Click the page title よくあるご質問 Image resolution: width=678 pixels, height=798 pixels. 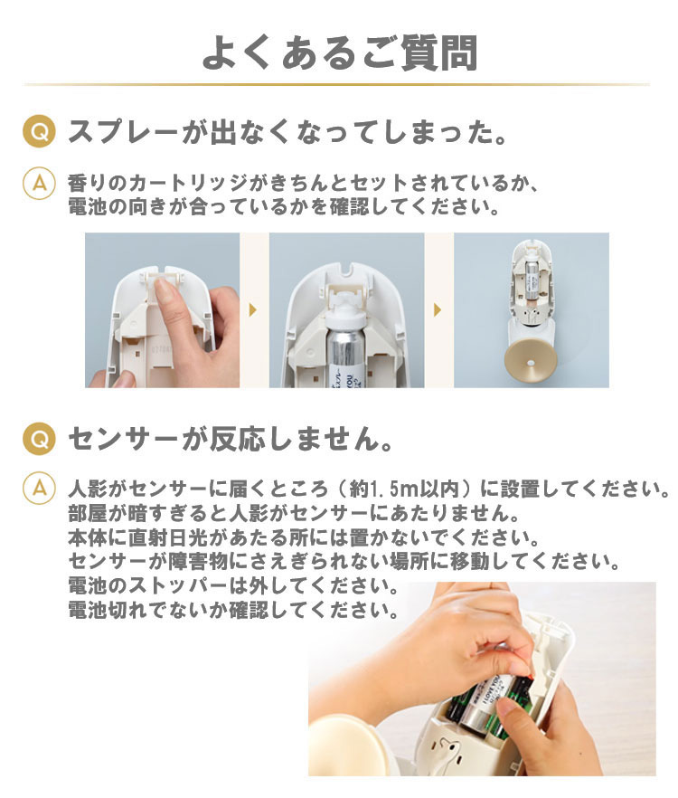tap(339, 52)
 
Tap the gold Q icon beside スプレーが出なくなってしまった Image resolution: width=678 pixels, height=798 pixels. tap(39, 132)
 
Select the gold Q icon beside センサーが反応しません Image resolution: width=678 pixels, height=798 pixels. tap(39, 439)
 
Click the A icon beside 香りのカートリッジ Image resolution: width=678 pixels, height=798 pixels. tap(39, 183)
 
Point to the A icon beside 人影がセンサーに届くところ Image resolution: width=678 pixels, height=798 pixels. tap(39, 489)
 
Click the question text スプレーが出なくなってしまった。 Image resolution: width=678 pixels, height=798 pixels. tap(287, 132)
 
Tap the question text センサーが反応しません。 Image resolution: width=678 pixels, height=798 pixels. tap(231, 439)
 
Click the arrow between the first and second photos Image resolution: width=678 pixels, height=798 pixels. tap(253, 309)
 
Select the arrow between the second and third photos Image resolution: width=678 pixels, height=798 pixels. tap(438, 309)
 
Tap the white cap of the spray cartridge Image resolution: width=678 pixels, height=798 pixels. tap(346, 310)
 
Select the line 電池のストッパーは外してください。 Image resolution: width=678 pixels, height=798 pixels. tap(233, 585)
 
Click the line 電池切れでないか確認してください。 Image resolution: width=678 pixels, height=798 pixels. tap(233, 610)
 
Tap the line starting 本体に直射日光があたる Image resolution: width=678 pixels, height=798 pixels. tap(304, 537)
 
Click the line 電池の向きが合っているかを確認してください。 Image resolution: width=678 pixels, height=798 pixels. tap(284, 207)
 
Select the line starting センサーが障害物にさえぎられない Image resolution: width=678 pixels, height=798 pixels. tap(344, 561)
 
